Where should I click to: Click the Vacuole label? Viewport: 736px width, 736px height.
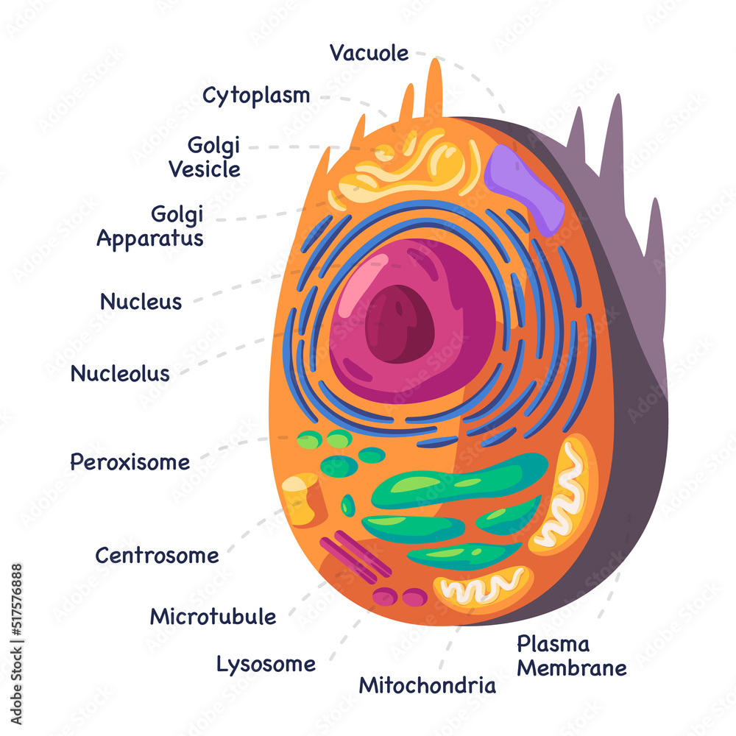pyautogui.click(x=369, y=53)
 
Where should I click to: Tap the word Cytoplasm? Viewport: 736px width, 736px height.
pyautogui.click(x=256, y=96)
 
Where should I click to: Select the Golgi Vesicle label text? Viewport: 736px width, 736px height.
pyautogui.click(x=205, y=158)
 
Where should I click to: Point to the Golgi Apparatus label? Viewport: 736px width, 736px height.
pyautogui.click(x=151, y=227)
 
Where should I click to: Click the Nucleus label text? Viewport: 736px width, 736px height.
pyautogui.click(x=141, y=302)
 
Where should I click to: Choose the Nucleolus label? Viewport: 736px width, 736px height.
pyautogui.click(x=120, y=374)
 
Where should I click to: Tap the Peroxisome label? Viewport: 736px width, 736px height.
pyautogui.click(x=130, y=463)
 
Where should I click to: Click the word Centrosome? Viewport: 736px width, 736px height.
pyautogui.click(x=157, y=556)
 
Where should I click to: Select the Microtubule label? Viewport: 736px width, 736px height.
pyautogui.click(x=213, y=617)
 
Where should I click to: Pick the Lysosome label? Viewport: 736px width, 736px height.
pyautogui.click(x=266, y=665)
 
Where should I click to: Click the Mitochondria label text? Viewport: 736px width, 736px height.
pyautogui.click(x=427, y=687)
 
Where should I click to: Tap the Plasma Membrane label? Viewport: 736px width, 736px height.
pyautogui.click(x=571, y=657)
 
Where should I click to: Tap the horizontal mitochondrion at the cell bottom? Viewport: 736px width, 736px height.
pyautogui.click(x=482, y=587)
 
